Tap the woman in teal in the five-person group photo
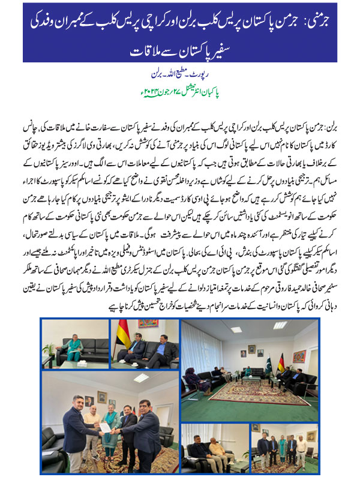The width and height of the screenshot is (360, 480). pos(283,447)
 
